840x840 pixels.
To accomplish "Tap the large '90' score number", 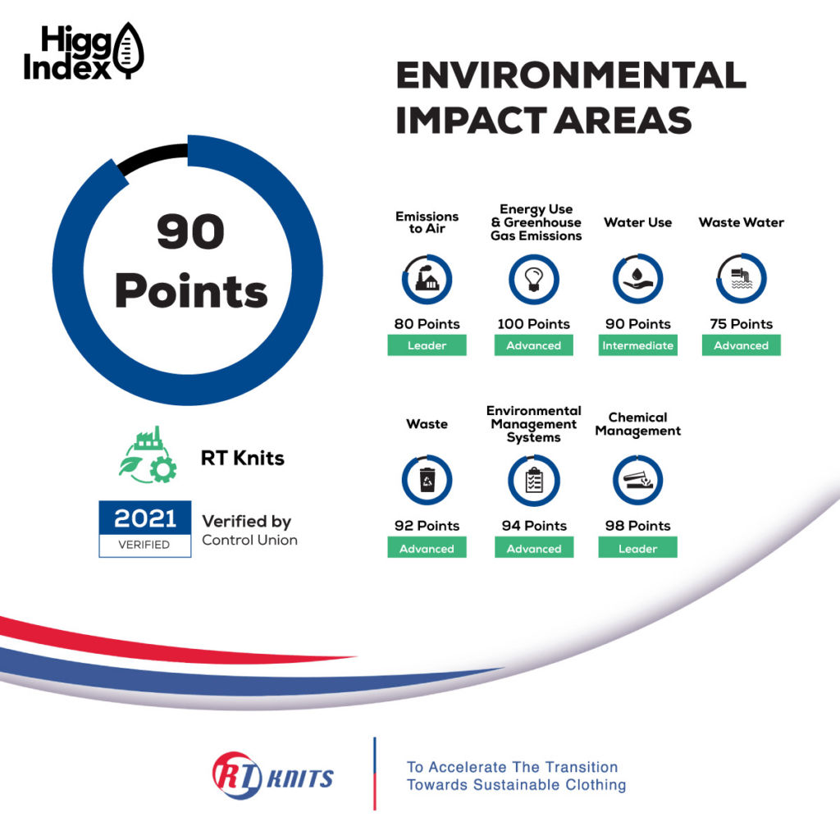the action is [190, 231].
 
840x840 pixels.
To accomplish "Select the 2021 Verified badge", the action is [144, 529].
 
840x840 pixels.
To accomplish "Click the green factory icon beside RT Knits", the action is [148, 454].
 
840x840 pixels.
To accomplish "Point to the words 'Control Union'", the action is [249, 540].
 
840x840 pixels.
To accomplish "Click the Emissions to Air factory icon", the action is [427, 279].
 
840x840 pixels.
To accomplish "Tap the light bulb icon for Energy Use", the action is [533, 279].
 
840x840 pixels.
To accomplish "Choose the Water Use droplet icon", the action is [637, 279].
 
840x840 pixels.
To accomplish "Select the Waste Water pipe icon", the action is [742, 279].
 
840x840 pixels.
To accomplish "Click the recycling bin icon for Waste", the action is [427, 480].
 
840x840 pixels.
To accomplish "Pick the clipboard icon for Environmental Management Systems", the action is [534, 481].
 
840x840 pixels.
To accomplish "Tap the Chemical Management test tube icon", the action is [637, 480].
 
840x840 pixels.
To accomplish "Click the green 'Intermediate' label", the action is [637, 345].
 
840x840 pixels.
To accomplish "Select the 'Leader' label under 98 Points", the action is [637, 548].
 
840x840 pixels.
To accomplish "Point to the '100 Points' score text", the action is [533, 324].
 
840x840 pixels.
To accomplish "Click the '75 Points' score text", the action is [742, 324].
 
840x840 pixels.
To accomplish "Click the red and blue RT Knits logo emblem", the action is [237, 775].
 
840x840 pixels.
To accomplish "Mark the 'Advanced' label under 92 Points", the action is [427, 548].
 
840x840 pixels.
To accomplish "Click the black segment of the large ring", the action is [151, 156].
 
